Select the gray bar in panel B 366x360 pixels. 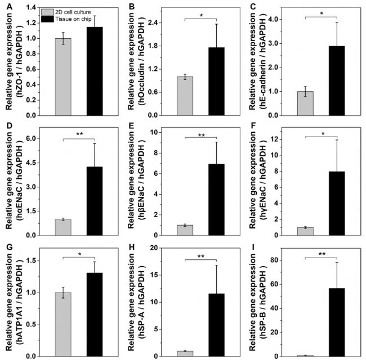(x=185, y=96)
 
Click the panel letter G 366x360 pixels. (x=7, y=248)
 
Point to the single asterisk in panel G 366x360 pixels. (x=80, y=255)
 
